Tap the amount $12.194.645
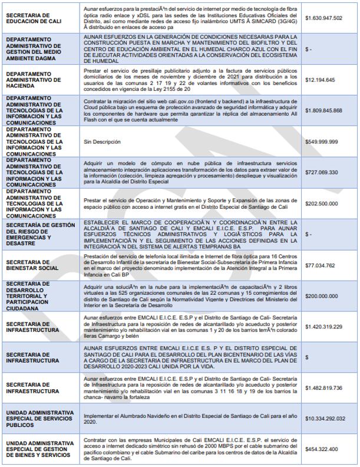pos(320,80)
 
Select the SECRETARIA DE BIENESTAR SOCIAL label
pos(32,265)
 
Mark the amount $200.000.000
pos(322,296)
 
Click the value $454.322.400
pos(322,449)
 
